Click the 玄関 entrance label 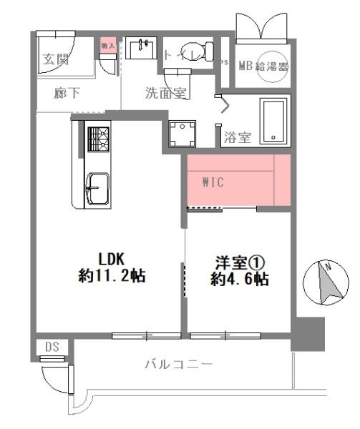pyautogui.click(x=55, y=59)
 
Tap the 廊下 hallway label pyautogui.click(x=67, y=93)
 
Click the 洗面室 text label pyautogui.click(x=166, y=92)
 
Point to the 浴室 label pyautogui.click(x=237, y=137)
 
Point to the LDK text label pyautogui.click(x=112, y=258)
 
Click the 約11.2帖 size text pyautogui.click(x=112, y=276)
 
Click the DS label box pyautogui.click(x=52, y=347)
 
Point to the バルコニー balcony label pyautogui.click(x=178, y=365)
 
